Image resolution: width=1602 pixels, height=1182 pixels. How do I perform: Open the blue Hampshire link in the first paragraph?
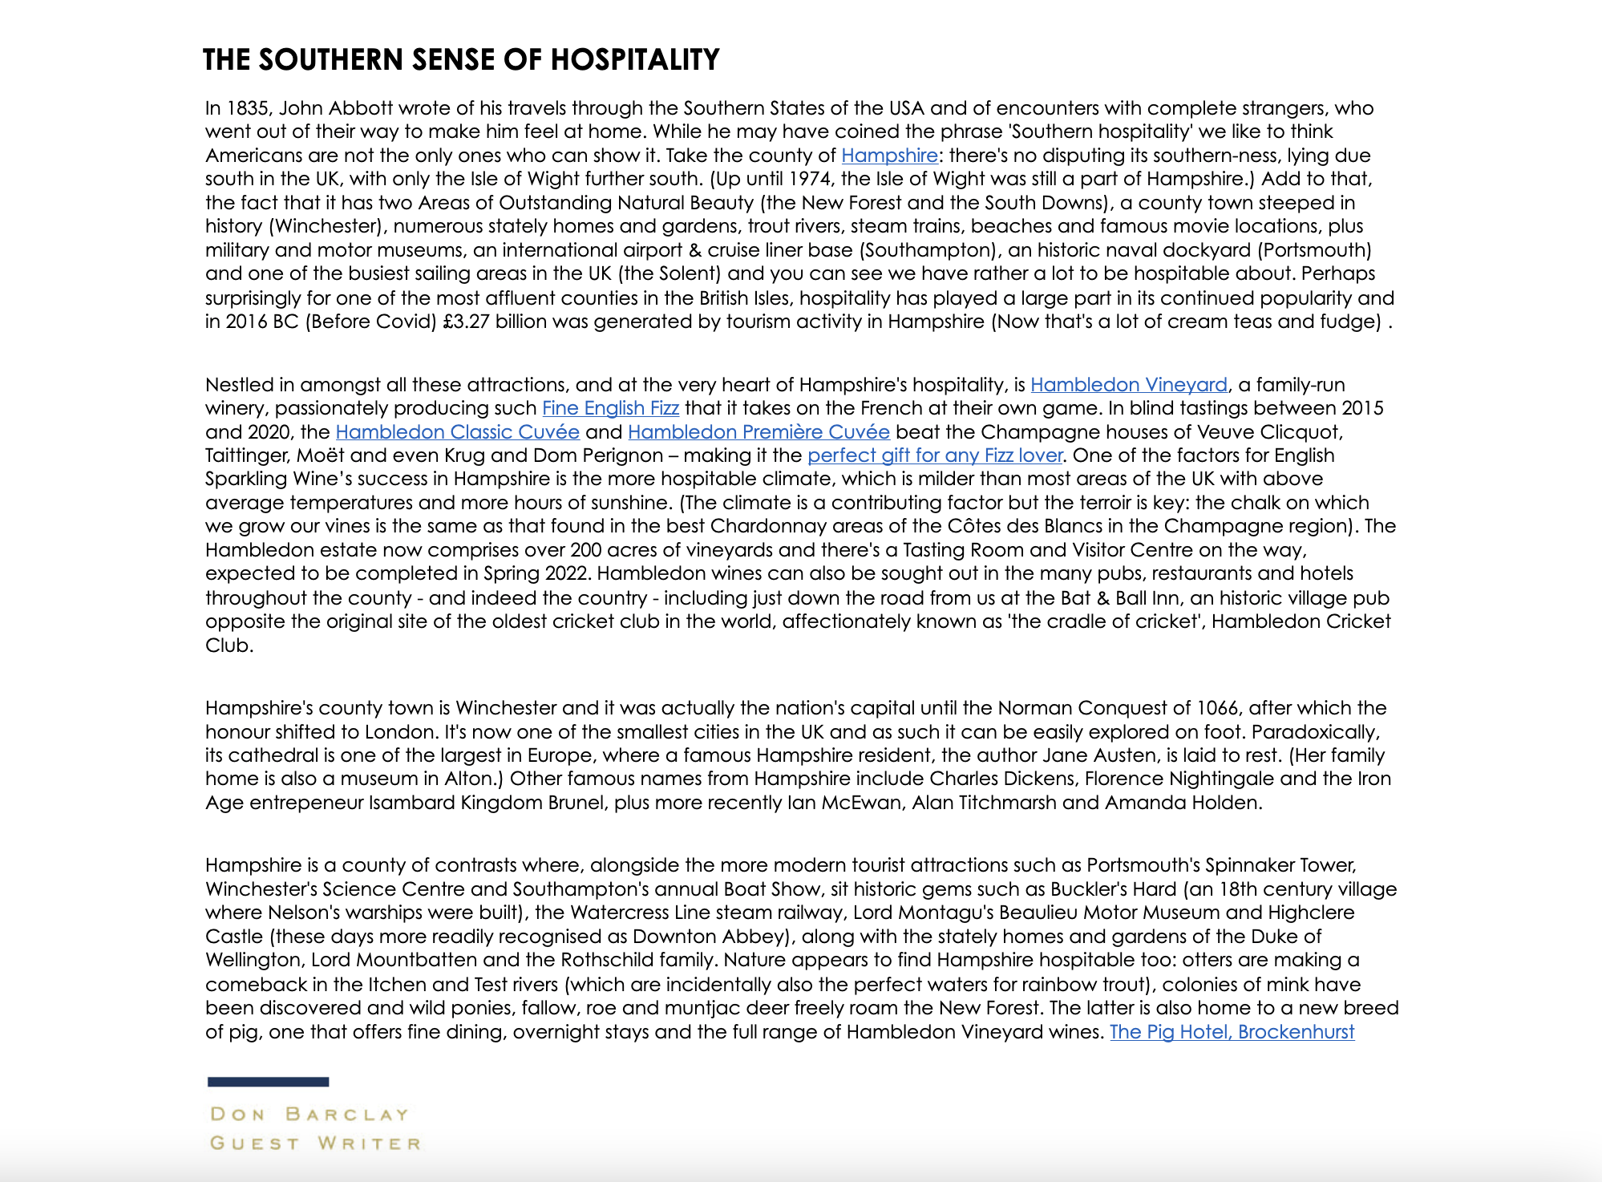[x=889, y=156]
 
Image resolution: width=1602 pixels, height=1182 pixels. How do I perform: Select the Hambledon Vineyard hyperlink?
[x=1128, y=385]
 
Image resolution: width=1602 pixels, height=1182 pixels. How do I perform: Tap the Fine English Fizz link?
[x=610, y=408]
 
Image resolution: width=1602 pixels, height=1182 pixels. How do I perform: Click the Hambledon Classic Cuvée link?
[x=457, y=432]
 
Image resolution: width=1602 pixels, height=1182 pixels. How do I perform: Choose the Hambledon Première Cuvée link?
[x=759, y=432]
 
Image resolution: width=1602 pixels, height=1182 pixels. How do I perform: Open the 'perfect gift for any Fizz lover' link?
[x=935, y=455]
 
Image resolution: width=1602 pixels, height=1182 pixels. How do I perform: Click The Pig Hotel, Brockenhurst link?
[x=1232, y=1032]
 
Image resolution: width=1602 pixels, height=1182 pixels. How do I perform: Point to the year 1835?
[x=247, y=108]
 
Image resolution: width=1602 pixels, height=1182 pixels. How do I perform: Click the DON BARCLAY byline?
[x=309, y=1115]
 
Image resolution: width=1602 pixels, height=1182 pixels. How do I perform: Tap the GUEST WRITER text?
[x=315, y=1144]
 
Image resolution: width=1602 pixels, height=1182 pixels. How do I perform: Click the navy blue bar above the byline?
[x=268, y=1082]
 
